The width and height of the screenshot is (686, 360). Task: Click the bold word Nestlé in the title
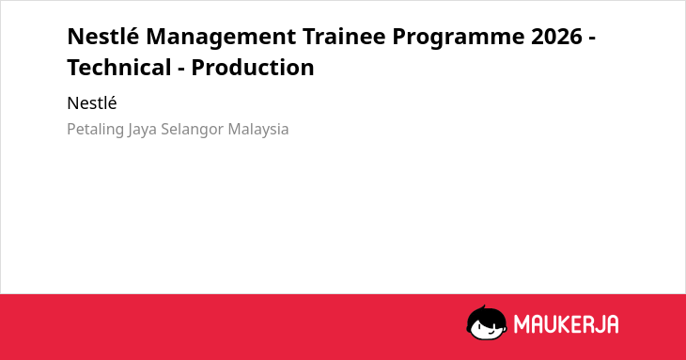[102, 36]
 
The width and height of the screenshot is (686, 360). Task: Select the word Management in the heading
[221, 38]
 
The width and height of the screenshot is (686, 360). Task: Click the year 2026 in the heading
[556, 37]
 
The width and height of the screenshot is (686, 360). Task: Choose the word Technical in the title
[119, 68]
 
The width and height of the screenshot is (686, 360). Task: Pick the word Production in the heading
[253, 68]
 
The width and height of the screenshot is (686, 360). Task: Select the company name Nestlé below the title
[92, 103]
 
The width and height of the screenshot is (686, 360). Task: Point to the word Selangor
[193, 130]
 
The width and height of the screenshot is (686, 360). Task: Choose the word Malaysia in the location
[258, 130]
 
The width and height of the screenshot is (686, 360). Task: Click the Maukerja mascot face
[487, 322]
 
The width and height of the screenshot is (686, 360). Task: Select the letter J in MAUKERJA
[600, 324]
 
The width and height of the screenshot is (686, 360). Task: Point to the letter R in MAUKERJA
[587, 324]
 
